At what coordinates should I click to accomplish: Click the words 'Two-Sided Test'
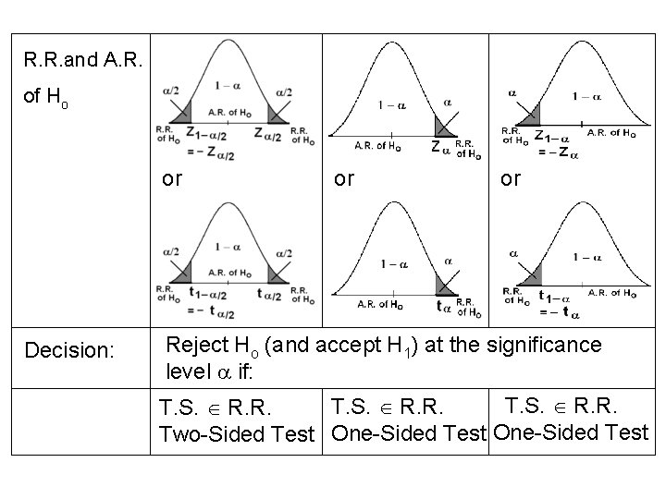[239, 432]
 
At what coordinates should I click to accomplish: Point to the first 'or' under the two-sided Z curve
[172, 179]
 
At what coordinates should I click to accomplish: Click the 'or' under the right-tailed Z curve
[344, 179]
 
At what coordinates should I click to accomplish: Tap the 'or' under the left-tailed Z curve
[511, 179]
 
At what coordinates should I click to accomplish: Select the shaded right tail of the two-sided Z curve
[276, 113]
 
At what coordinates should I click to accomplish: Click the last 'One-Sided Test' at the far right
[571, 432]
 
